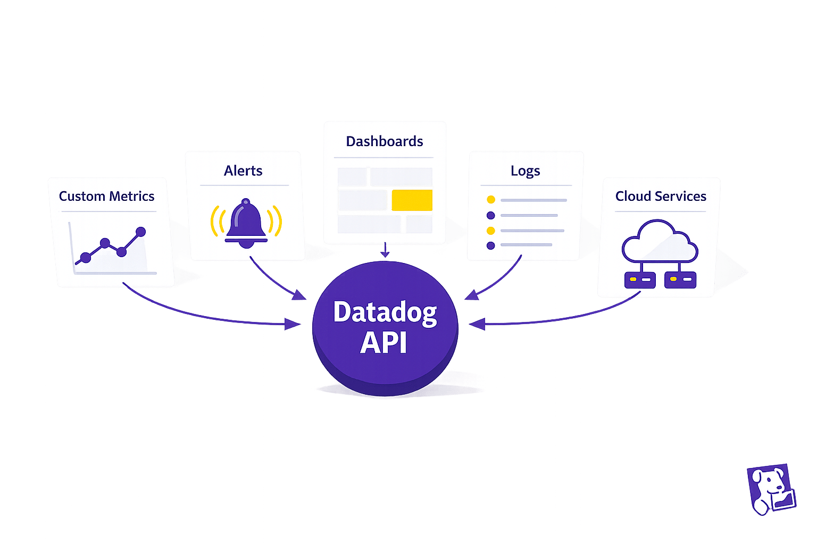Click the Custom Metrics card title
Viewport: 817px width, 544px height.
(106, 196)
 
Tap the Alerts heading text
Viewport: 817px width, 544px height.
(243, 171)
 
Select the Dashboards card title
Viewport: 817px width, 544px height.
(384, 141)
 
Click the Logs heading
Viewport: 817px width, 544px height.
(525, 171)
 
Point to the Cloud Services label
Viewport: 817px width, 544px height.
(661, 196)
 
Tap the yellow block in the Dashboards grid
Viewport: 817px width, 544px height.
(412, 200)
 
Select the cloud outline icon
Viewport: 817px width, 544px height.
(660, 242)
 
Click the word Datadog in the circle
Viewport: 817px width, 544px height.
(385, 312)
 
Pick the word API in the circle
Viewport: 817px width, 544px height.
(384, 343)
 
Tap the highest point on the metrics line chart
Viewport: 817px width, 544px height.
(141, 232)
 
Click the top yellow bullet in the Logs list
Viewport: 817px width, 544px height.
(491, 200)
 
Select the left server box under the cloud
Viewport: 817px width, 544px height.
(639, 279)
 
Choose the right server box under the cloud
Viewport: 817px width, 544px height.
(680, 279)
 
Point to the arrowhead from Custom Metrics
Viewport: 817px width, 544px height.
(293, 324)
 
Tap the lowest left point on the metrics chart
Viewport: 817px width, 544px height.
(86, 258)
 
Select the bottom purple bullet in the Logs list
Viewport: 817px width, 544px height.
(491, 245)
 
